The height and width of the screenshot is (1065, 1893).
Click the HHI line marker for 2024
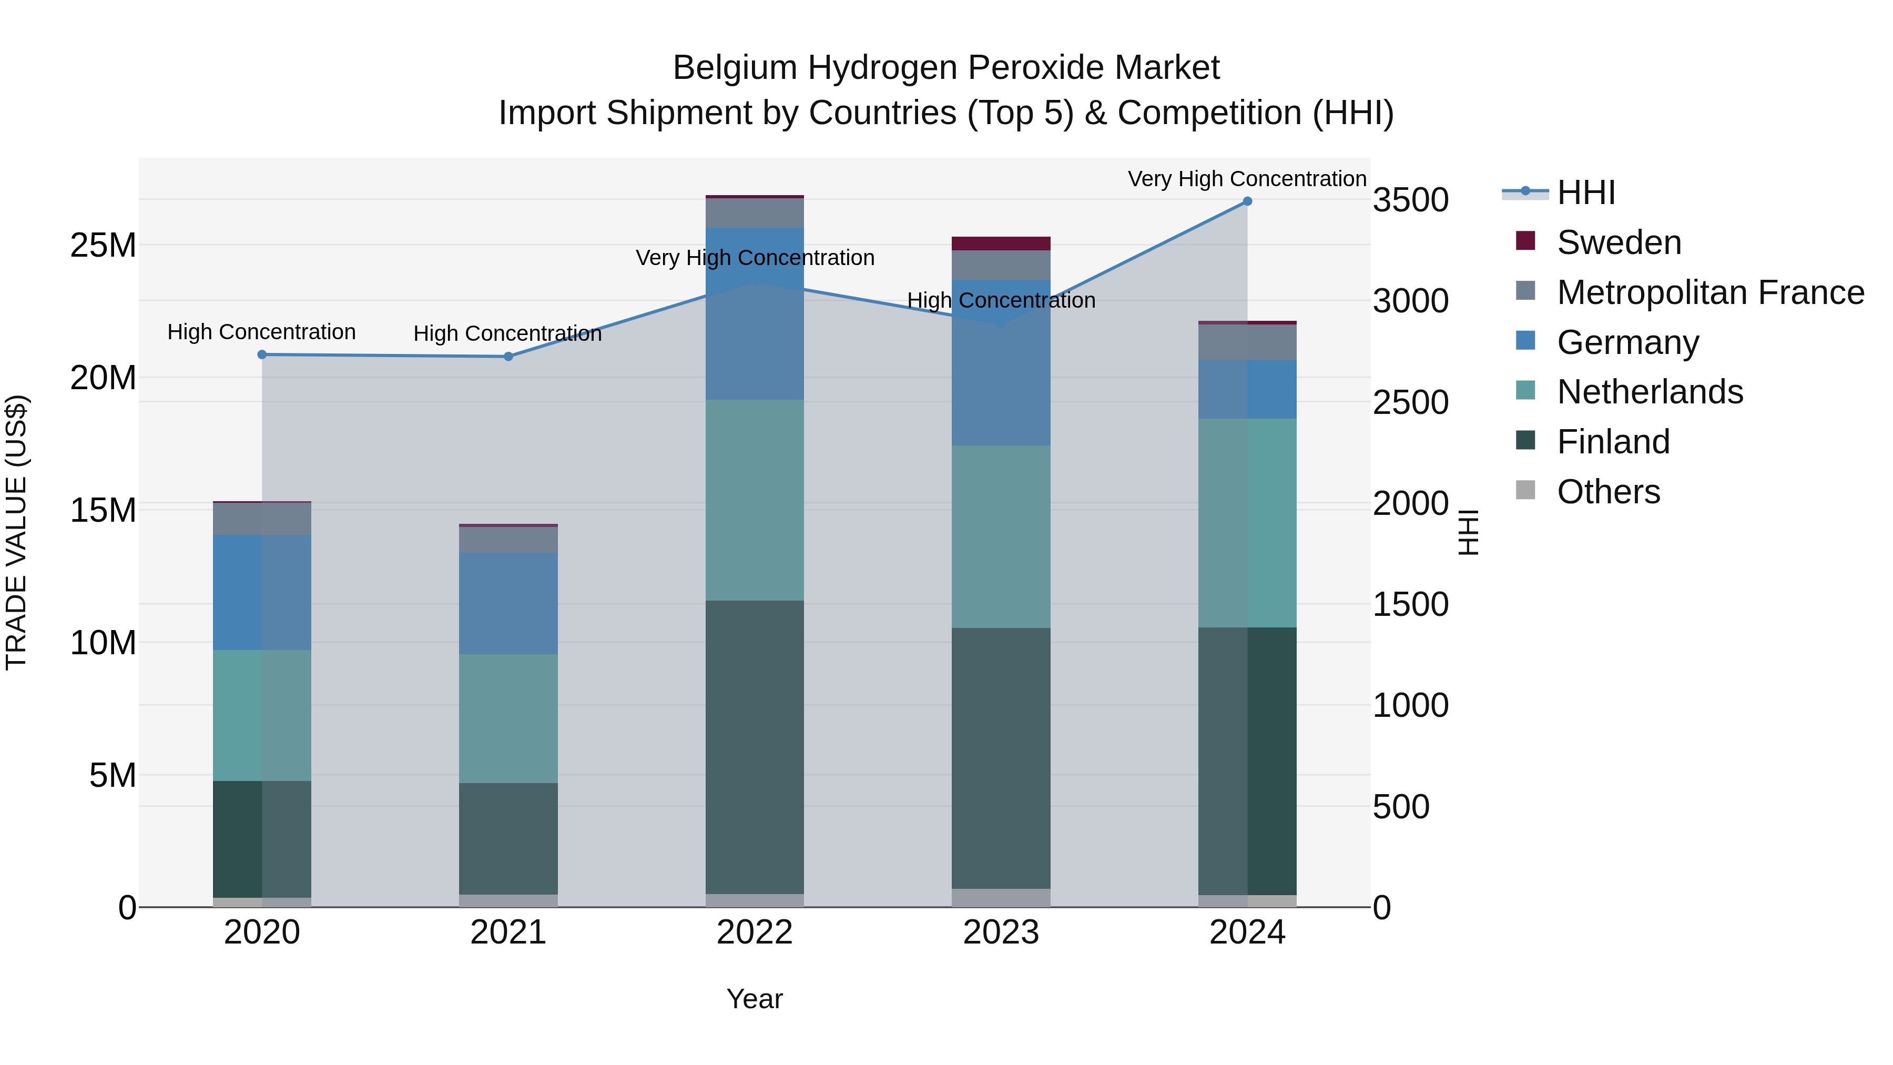click(1247, 201)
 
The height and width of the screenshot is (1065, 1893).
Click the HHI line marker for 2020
click(262, 354)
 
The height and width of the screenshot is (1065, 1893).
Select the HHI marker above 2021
click(508, 357)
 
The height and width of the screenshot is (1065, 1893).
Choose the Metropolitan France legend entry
click(1709, 292)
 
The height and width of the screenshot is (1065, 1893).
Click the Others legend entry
click(1608, 492)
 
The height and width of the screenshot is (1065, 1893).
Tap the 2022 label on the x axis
click(755, 932)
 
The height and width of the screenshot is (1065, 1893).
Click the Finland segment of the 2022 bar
click(755, 746)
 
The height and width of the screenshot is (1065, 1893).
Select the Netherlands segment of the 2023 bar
click(1001, 536)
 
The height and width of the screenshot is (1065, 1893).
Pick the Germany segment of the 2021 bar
click(508, 603)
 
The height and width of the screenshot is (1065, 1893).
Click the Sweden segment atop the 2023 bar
click(1001, 244)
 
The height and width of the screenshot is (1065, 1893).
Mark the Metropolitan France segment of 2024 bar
click(1247, 342)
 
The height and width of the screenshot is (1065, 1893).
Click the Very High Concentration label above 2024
click(1247, 179)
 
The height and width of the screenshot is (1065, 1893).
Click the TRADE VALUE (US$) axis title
click(17, 532)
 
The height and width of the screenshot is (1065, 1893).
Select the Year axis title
click(755, 999)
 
